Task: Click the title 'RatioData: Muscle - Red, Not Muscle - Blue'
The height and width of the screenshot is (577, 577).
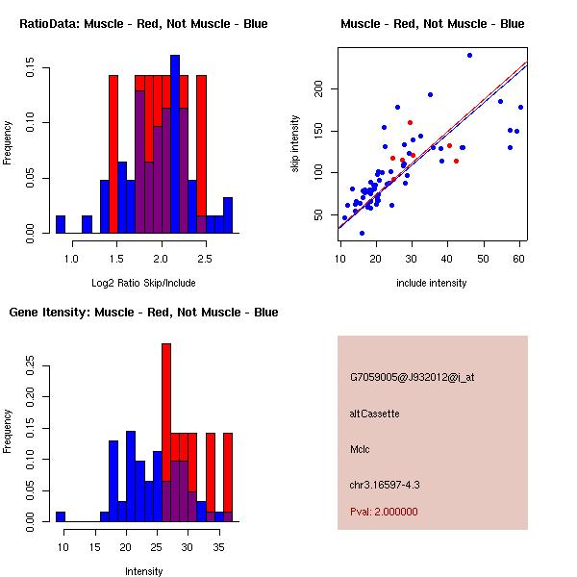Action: point(143,23)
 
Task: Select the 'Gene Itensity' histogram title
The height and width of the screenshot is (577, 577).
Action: point(143,312)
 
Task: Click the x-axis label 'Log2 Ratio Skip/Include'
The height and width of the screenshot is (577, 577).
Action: point(143,283)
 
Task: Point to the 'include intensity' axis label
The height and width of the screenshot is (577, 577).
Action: point(432,283)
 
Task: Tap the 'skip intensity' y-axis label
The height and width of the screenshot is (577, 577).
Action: point(295,144)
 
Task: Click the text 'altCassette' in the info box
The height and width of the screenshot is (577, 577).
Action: point(374,414)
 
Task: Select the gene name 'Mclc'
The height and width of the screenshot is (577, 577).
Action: point(361,449)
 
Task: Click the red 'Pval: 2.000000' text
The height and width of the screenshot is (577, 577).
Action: point(384,512)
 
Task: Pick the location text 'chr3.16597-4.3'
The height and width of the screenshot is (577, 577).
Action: point(384,484)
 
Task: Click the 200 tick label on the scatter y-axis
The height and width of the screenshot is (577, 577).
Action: point(319,89)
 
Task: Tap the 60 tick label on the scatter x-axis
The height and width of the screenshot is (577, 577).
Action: point(519,257)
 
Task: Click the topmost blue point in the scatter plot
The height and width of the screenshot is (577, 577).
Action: point(469,55)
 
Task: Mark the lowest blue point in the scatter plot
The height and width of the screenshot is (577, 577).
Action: point(362,233)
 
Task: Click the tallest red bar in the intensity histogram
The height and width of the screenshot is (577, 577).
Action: point(166,404)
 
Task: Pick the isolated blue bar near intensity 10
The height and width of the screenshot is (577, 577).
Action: point(61,516)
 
